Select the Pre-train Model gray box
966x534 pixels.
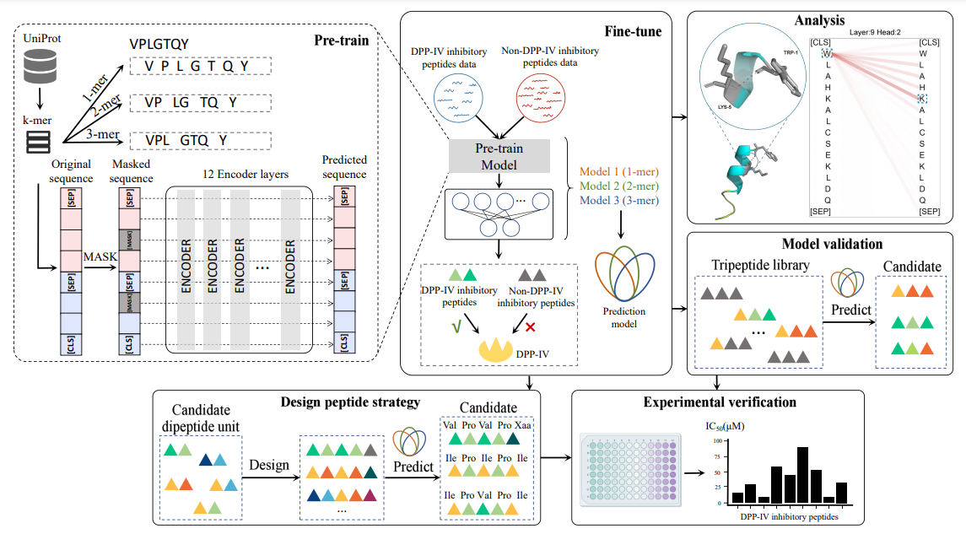[x=499, y=154]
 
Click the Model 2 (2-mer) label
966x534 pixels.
[x=618, y=186]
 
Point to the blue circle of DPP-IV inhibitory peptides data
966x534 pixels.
[x=460, y=100]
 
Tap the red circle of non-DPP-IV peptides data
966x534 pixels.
[x=548, y=100]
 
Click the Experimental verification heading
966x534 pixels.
[x=719, y=402]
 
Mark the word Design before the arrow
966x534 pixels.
[x=269, y=464]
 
